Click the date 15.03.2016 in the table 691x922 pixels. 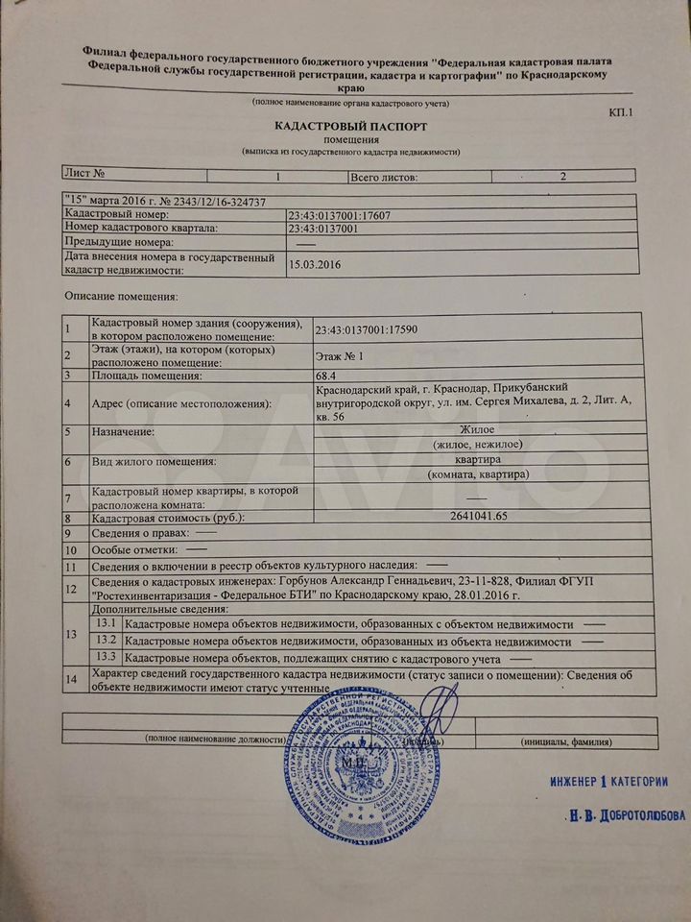(x=316, y=264)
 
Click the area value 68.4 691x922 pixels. (x=328, y=376)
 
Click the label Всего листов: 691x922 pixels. (x=384, y=176)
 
